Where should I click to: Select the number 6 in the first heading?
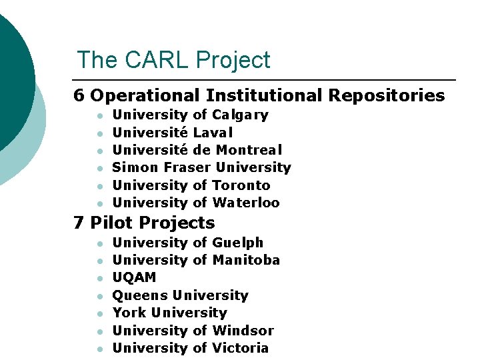point(79,96)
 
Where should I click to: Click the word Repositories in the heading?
point(386,96)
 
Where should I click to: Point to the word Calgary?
point(240,115)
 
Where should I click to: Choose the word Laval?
point(213,133)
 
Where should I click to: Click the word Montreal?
point(249,150)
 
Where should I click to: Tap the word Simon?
point(135,167)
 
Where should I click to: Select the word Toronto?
point(241,185)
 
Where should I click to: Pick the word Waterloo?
point(246,203)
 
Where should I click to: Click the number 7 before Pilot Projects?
point(79,223)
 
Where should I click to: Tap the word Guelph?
point(237,243)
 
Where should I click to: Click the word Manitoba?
point(246,260)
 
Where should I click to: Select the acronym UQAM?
point(134,278)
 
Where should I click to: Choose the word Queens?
point(140,295)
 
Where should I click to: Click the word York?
point(129,313)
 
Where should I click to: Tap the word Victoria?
point(240,348)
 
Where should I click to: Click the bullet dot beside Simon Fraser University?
point(99,168)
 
